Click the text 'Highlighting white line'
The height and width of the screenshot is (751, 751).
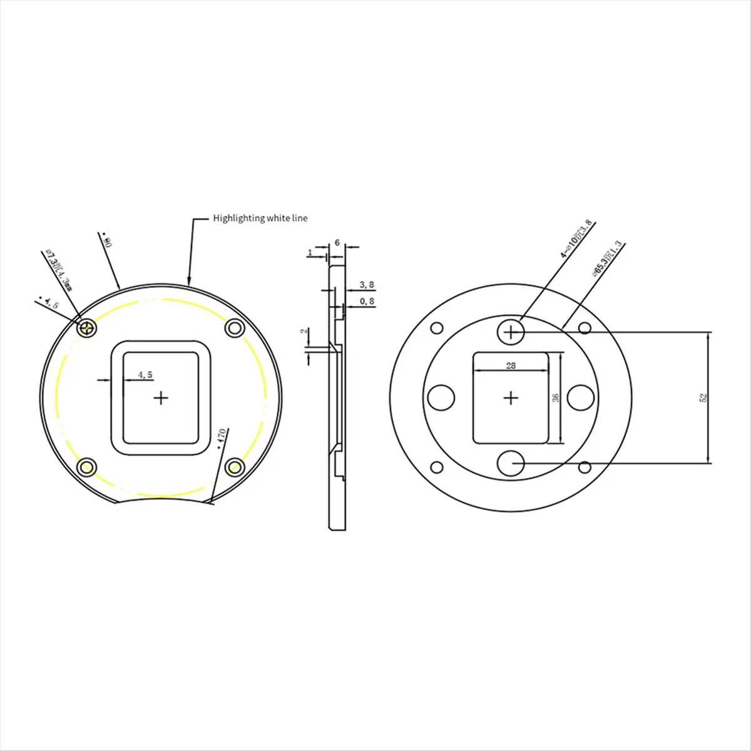[260, 218]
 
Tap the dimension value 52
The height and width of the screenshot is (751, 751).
[703, 398]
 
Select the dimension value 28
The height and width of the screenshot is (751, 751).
[511, 365]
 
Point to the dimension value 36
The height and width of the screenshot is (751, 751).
[554, 398]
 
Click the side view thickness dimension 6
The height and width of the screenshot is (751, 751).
[337, 242]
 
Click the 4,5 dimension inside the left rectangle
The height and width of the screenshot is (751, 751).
[145, 375]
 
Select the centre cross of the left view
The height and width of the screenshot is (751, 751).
[161, 397]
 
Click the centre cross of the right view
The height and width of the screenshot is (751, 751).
[512, 397]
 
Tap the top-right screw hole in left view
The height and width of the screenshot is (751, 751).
[234, 327]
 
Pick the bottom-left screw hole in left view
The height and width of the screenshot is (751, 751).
[86, 467]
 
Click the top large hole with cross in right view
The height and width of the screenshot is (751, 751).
[512, 332]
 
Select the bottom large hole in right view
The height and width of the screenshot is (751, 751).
[512, 463]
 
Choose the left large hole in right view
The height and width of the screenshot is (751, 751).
[441, 396]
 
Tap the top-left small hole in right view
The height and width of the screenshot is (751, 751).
[437, 328]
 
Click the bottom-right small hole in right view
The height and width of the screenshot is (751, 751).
[585, 466]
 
